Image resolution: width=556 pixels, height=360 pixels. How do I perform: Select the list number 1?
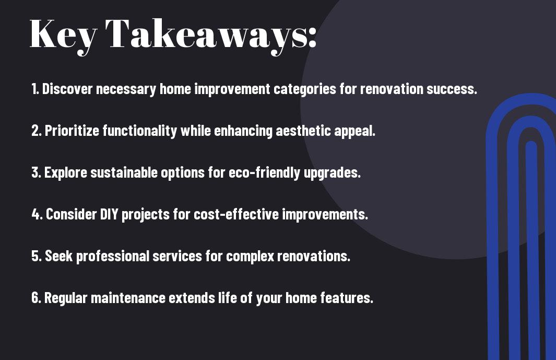pos(35,89)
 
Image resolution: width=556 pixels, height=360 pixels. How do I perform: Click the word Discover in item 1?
pos(67,89)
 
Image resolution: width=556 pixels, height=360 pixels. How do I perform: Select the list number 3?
pos(36,172)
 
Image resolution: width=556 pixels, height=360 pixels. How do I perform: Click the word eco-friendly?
pos(265,173)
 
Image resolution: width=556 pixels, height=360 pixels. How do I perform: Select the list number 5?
pos(37,256)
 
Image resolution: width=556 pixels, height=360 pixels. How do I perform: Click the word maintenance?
pos(128,298)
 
